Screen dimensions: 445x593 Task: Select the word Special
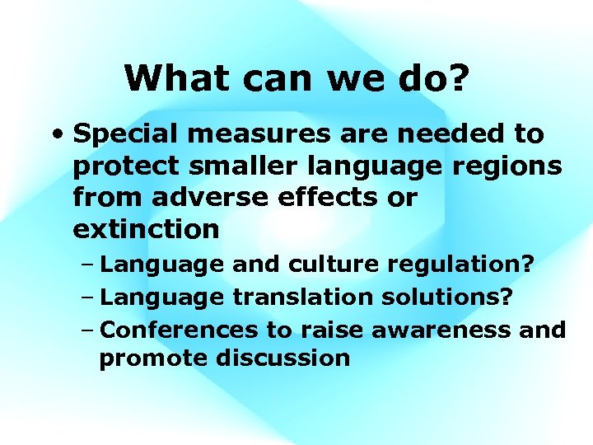pos(125,134)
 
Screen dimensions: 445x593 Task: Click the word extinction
pos(146,229)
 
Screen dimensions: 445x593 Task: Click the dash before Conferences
pos(90,330)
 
